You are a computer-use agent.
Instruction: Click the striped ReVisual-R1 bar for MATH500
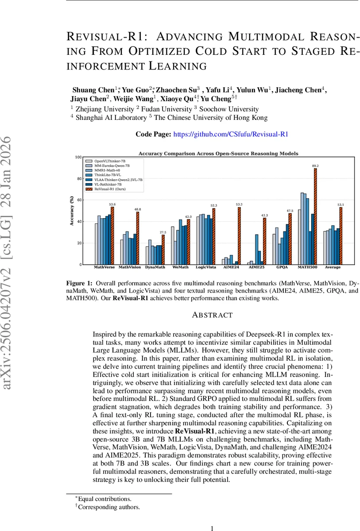click(x=315, y=217)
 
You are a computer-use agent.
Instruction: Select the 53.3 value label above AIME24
click(x=239, y=204)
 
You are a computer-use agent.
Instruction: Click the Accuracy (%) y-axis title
click(x=71, y=211)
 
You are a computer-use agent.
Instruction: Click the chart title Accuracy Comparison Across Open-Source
click(x=218, y=154)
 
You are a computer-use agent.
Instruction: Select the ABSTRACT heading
click(x=212, y=315)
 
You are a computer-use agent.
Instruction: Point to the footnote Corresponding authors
click(x=108, y=507)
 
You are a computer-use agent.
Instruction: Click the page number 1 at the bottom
click(x=212, y=528)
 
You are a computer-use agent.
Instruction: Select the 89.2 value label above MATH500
click(x=315, y=166)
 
